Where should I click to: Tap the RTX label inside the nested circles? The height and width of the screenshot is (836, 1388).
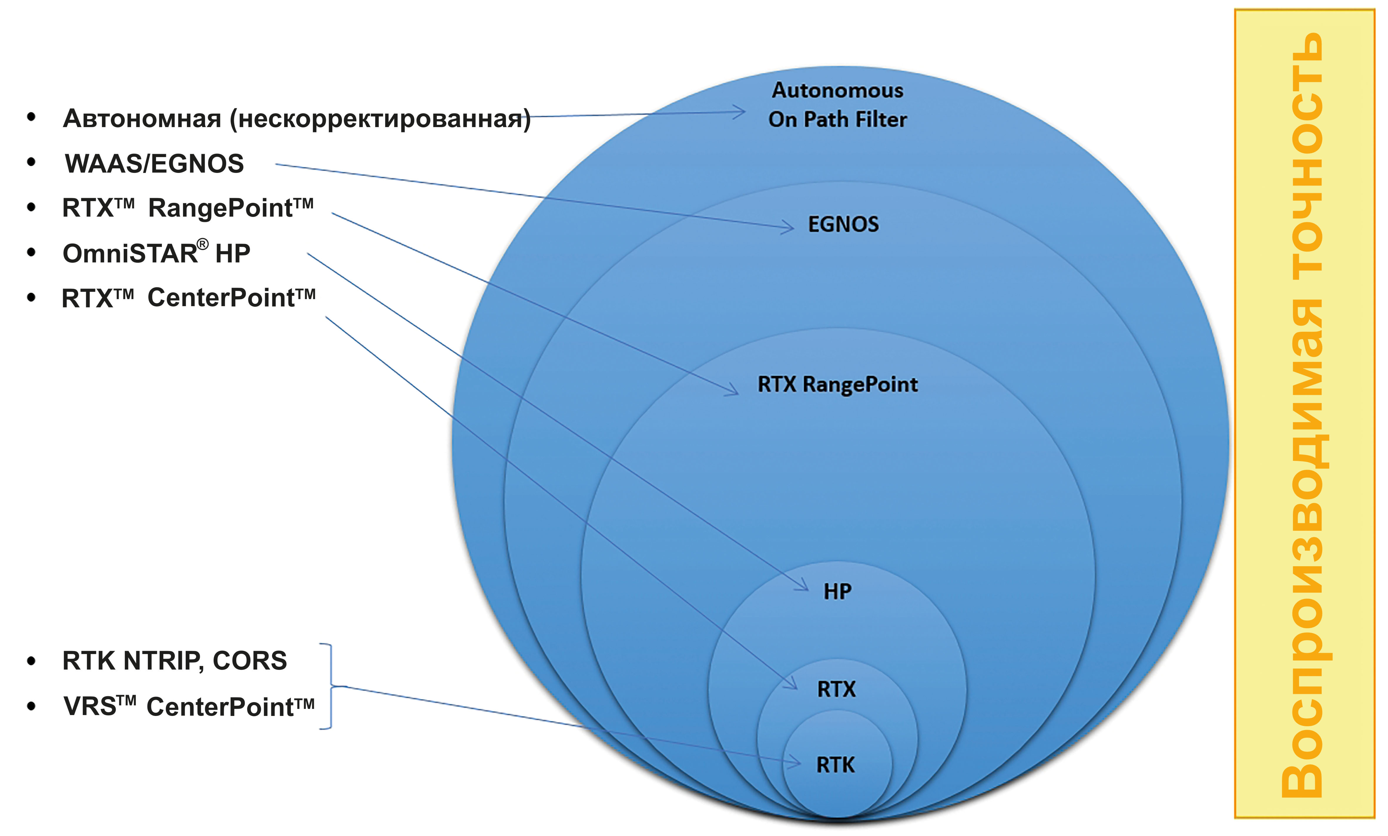[x=837, y=689]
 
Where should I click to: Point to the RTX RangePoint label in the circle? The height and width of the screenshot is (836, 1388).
[x=838, y=385]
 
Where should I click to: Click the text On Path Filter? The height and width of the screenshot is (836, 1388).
[x=838, y=119]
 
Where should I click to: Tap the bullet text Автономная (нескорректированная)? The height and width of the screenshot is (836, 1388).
[x=297, y=119]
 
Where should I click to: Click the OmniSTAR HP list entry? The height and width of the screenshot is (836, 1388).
[x=156, y=253]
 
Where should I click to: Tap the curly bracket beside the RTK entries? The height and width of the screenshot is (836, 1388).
[x=328, y=686]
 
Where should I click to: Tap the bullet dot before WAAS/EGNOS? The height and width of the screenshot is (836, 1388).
[x=31, y=163]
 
